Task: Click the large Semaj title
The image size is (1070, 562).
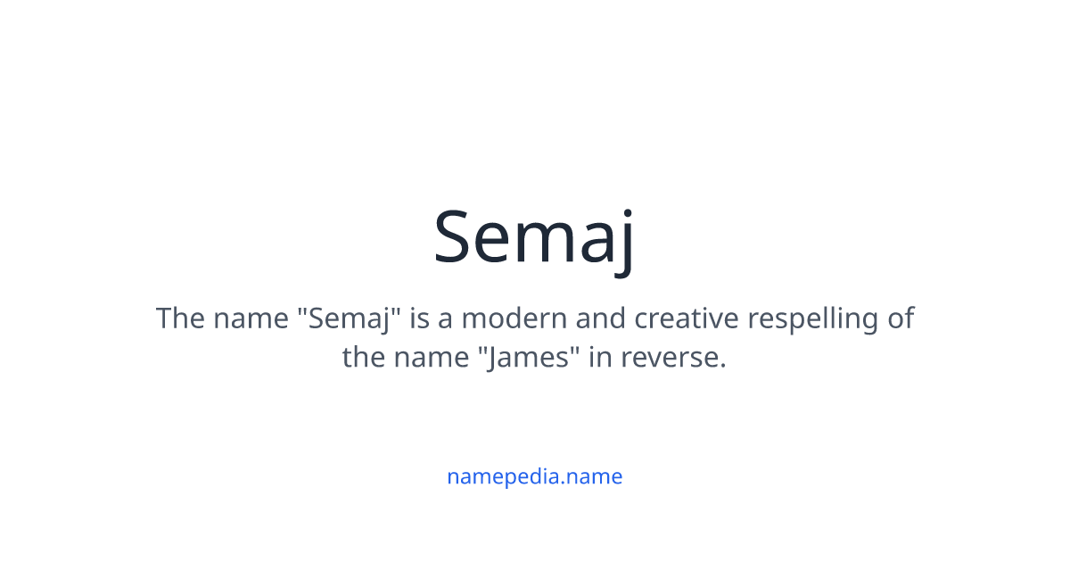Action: pos(534,236)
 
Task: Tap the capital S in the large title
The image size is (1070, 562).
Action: pos(457,236)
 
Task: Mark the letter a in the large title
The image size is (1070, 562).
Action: pos(591,243)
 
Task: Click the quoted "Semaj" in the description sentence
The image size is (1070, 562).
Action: pos(345,318)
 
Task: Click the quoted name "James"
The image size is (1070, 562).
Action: pos(530,358)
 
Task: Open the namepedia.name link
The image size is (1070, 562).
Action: pos(534,476)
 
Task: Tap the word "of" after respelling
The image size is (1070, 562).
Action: pos(901,318)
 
